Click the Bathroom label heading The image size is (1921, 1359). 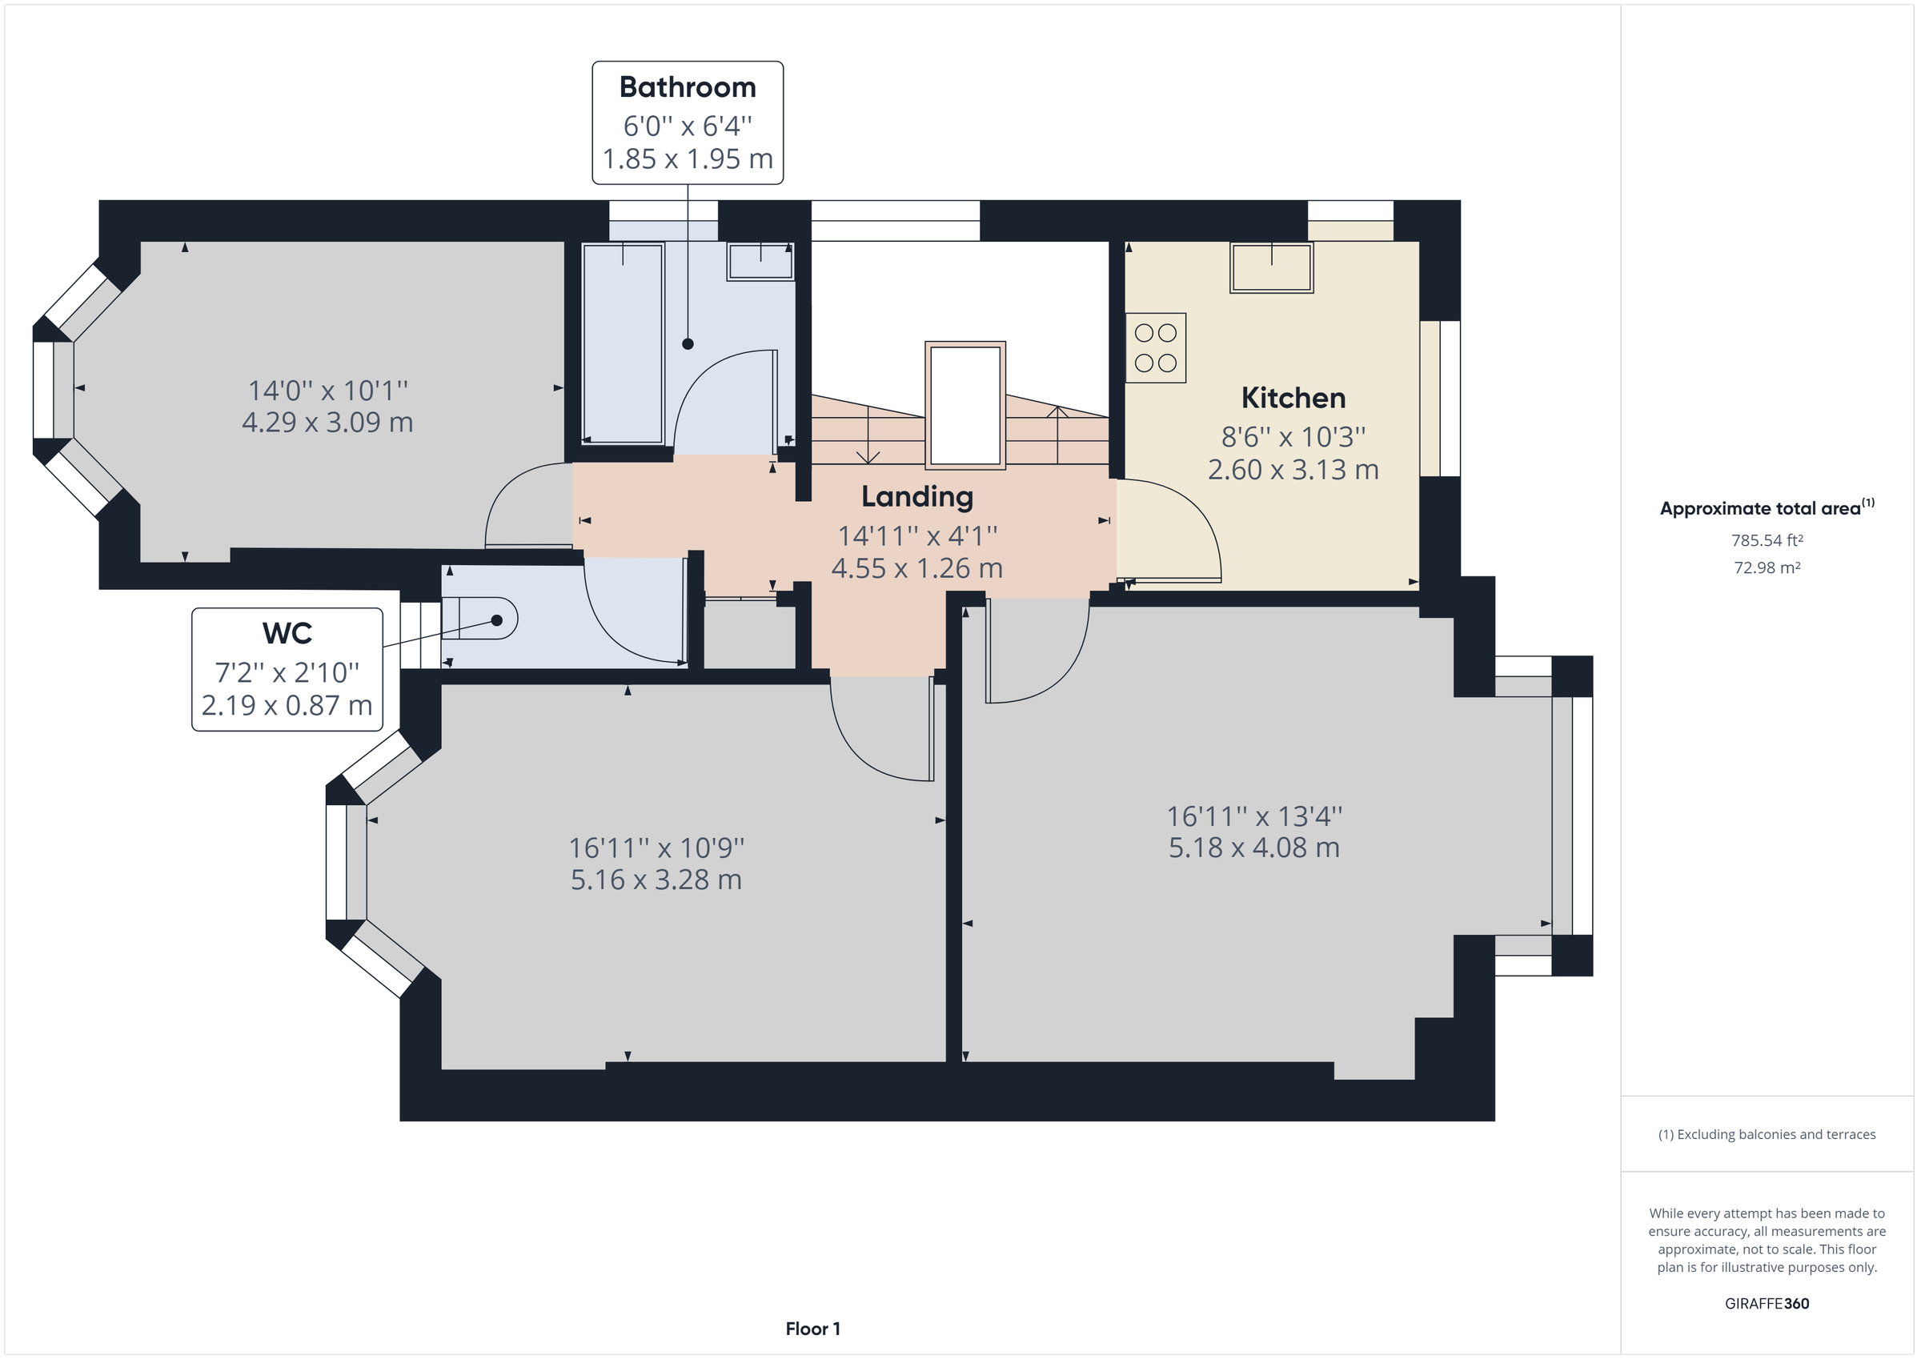click(687, 87)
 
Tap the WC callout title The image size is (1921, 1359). click(287, 633)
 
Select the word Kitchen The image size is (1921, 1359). click(1293, 398)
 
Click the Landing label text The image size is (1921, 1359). click(917, 496)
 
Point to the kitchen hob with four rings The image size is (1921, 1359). click(1156, 348)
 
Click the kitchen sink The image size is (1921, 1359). click(1271, 268)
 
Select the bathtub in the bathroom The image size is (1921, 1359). click(623, 343)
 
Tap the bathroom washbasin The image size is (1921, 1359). click(760, 261)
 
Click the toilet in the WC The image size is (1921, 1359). click(481, 619)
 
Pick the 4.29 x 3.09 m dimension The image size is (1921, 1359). click(327, 422)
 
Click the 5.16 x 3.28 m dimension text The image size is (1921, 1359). click(656, 880)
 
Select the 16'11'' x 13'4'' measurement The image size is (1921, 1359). click(1254, 815)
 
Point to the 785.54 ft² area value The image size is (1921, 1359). click(1767, 540)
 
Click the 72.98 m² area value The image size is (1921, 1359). click(1767, 567)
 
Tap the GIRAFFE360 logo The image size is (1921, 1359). click(1767, 1303)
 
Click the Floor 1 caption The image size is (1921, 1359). click(812, 1328)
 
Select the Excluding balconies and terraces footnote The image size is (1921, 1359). click(1767, 1135)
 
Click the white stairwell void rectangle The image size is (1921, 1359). click(965, 405)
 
